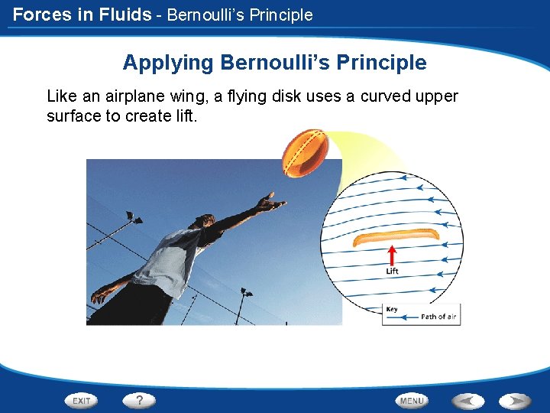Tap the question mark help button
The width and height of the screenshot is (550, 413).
(139, 400)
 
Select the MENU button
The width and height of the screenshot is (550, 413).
(412, 401)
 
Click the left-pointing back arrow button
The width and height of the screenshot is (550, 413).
(467, 401)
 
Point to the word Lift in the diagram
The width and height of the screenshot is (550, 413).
(392, 272)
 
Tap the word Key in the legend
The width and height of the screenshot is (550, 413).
(392, 309)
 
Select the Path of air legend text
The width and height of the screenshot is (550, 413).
(438, 317)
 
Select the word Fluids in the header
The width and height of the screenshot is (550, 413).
(127, 15)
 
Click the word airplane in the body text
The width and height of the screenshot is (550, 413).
(127, 96)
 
